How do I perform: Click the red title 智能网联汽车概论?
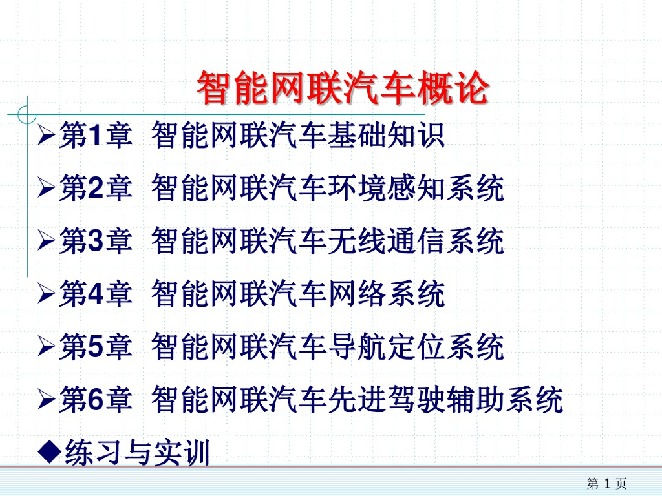pyautogui.click(x=342, y=88)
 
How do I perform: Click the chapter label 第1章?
pyautogui.click(x=95, y=136)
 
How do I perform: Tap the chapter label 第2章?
pyautogui.click(x=95, y=189)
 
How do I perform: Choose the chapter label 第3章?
pyautogui.click(x=95, y=242)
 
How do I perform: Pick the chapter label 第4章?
pyautogui.click(x=95, y=295)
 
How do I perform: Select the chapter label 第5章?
pyautogui.click(x=95, y=348)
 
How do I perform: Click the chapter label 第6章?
pyautogui.click(x=95, y=401)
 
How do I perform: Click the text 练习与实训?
pyautogui.click(x=138, y=453)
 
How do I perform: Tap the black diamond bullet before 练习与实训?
pyautogui.click(x=49, y=450)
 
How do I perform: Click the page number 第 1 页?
pyautogui.click(x=606, y=483)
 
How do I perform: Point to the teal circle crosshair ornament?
pyautogui.click(x=27, y=114)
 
